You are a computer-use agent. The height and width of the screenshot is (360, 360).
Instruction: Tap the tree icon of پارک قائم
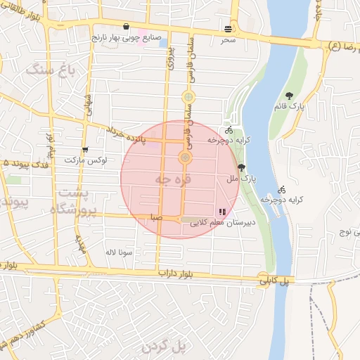pyautogui.click(x=289, y=96)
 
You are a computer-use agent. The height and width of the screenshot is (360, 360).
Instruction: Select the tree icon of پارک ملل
pyautogui.click(x=243, y=167)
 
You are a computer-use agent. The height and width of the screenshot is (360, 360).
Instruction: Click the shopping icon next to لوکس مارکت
pyautogui.click(x=85, y=150)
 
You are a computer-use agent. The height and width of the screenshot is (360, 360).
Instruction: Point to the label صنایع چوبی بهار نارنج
pyautogui.click(x=126, y=39)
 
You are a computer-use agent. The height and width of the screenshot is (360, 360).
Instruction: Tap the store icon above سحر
pyautogui.click(x=228, y=29)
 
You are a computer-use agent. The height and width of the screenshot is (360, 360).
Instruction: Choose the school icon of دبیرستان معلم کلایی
pyautogui.click(x=222, y=211)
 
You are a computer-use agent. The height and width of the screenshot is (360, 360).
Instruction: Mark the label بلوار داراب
pyautogui.click(x=174, y=273)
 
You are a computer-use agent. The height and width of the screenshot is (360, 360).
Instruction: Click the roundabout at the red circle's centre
pyautogui.click(x=185, y=157)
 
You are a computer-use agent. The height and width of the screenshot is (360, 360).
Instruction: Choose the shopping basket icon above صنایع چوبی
pyautogui.click(x=125, y=28)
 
